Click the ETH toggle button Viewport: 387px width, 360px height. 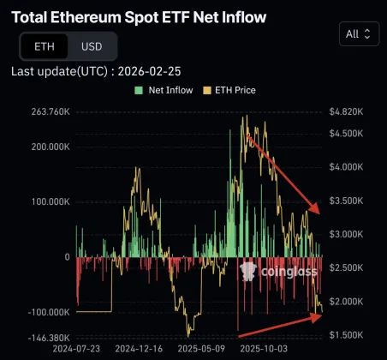[x=44, y=46]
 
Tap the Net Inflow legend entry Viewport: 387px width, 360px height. [x=164, y=90]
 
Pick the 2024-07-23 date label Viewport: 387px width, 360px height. [x=76, y=350]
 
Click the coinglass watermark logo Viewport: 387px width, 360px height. [x=279, y=272]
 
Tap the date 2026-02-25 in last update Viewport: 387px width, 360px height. [x=151, y=71]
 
